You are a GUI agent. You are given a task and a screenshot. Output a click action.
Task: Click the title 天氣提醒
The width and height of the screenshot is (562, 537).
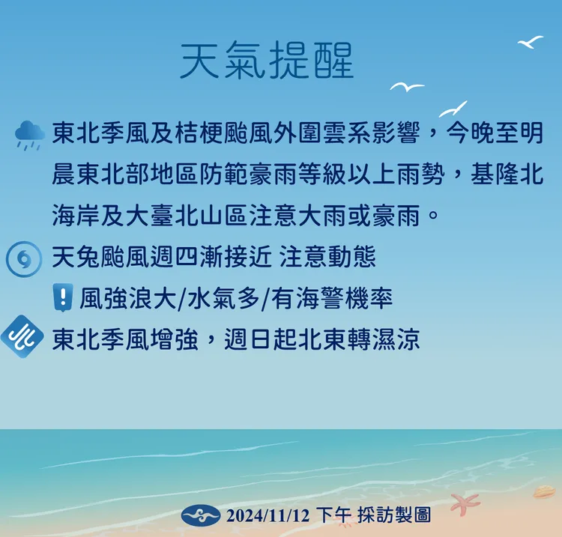[267, 61]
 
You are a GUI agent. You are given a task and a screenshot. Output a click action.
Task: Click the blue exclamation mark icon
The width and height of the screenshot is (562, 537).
[63, 298]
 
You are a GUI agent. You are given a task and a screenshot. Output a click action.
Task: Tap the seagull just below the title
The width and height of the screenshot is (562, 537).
[407, 88]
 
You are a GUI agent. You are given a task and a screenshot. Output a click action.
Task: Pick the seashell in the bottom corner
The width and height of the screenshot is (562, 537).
[544, 492]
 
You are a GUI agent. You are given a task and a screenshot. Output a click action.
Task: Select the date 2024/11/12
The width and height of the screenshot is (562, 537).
[268, 515]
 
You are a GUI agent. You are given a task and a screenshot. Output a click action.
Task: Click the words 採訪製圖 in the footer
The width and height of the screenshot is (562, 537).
[395, 515]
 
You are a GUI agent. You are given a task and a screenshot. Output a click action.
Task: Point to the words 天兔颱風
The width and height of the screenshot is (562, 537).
[101, 258]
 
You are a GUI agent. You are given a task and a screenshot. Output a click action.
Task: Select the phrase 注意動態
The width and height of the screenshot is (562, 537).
[327, 258]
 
